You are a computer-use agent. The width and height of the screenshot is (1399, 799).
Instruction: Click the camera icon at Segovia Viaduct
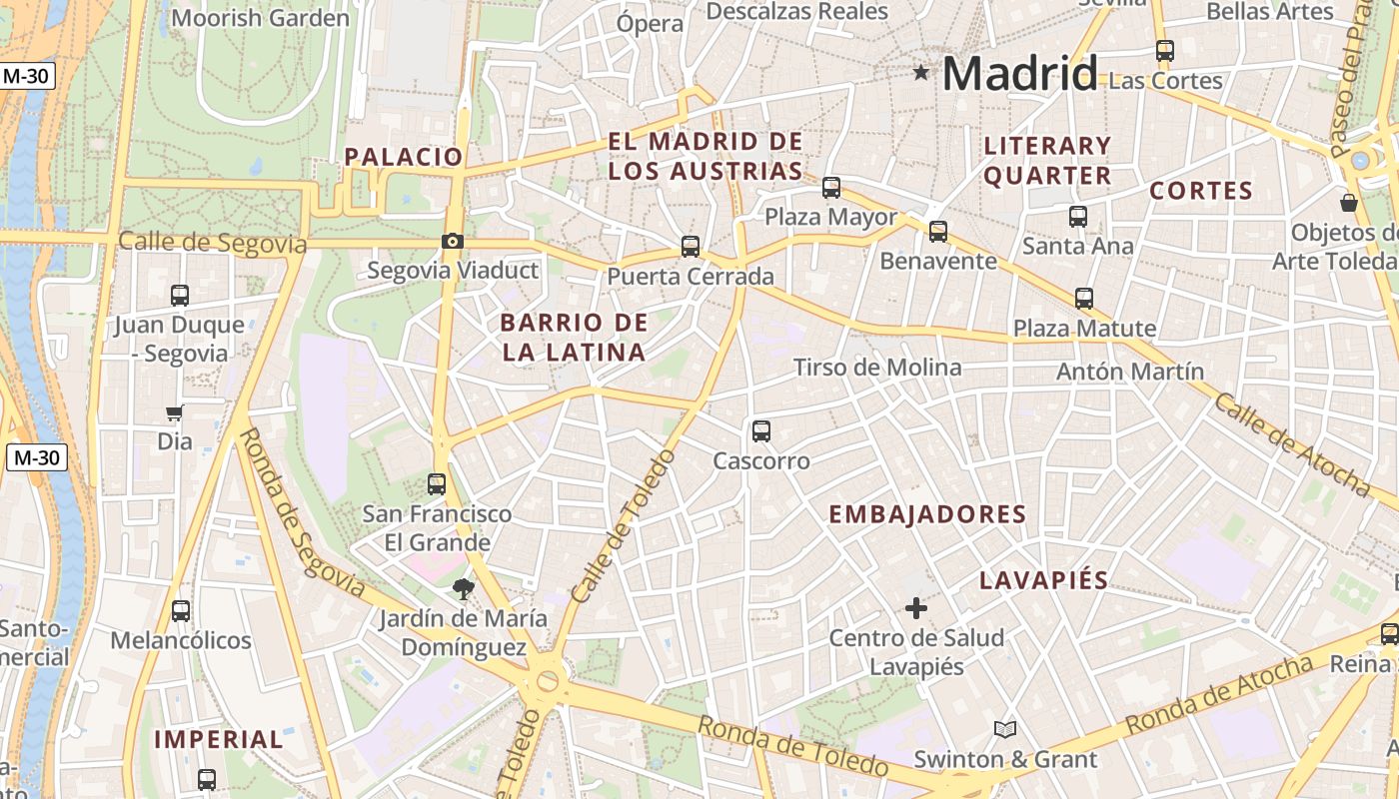coord(453,241)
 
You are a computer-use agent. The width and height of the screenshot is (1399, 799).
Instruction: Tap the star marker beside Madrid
coord(920,72)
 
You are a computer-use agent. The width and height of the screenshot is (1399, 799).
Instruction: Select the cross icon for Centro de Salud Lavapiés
coord(915,607)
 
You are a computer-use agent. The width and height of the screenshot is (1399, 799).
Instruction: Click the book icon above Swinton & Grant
coord(1005,730)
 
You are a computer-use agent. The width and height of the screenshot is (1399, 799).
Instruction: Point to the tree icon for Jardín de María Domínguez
coord(463,589)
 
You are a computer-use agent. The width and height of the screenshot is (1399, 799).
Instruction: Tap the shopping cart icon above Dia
coord(175,412)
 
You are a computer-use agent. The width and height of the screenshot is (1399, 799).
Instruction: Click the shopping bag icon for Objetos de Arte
coord(1349,203)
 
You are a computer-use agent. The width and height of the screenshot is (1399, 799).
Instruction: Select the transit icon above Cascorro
coord(761,431)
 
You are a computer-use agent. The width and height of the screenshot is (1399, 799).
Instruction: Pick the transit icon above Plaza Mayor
coord(830,187)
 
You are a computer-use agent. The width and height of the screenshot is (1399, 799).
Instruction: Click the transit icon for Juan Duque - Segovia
coord(180,295)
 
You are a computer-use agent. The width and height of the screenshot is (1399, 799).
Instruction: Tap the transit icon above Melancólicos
coord(181,610)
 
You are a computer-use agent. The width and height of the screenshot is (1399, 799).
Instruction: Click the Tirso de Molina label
coord(877,368)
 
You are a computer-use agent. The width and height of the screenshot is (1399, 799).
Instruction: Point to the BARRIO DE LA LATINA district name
coord(574,338)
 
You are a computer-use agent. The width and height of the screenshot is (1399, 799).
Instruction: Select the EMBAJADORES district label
coord(927,514)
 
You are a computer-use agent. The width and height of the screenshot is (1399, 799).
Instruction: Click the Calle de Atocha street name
coord(1292,444)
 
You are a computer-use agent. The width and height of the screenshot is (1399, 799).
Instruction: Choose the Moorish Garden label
coord(261,18)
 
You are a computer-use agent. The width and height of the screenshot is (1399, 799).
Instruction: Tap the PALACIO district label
coord(404,157)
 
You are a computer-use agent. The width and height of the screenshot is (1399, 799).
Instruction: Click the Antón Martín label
coord(1130,372)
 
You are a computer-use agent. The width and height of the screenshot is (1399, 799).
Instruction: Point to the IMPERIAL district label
coord(219,740)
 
